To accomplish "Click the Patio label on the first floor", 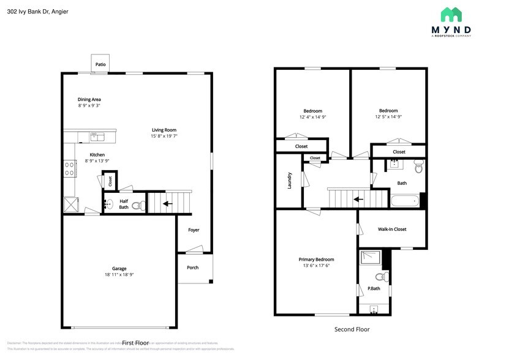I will click(x=100, y=64).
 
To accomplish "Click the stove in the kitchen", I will click(x=70, y=168).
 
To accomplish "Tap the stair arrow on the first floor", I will click(x=167, y=203).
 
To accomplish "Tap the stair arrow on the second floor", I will click(x=359, y=199).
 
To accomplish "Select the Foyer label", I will click(x=194, y=230).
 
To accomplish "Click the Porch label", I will click(x=192, y=268).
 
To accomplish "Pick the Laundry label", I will click(x=289, y=180).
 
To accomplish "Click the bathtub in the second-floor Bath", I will click(x=404, y=200).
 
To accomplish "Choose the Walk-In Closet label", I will click(x=392, y=230).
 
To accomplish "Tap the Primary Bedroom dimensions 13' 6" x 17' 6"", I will click(x=316, y=266).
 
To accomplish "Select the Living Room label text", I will click(x=164, y=130).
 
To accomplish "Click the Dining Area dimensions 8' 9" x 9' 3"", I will click(x=89, y=106).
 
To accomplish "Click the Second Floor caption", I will click(x=352, y=329).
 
